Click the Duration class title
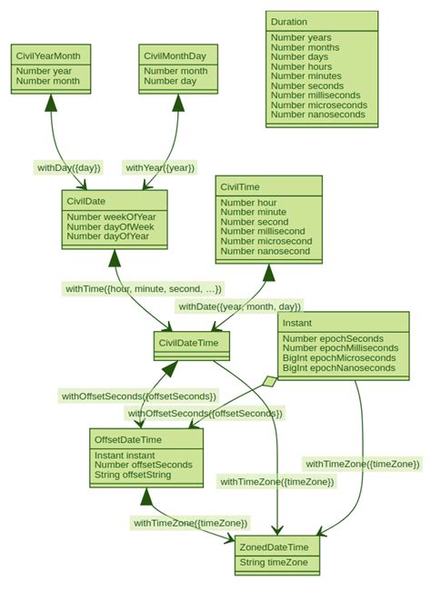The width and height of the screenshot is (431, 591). [x=289, y=21]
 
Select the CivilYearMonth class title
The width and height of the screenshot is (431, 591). [x=48, y=55]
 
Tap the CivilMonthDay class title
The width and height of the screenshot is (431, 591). [x=175, y=55]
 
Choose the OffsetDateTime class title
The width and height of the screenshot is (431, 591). [x=128, y=440]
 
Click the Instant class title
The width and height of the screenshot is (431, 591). [x=297, y=323]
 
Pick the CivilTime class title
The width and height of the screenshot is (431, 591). [x=240, y=187]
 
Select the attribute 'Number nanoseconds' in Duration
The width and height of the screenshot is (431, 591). [x=318, y=115]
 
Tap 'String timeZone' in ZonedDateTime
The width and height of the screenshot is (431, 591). [x=274, y=563]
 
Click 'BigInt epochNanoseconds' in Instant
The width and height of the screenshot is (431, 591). [x=339, y=367]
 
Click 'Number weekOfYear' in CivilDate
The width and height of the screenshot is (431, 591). [x=111, y=216]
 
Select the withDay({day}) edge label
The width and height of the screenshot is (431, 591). [x=68, y=167]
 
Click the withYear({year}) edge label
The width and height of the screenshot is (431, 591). [x=160, y=167]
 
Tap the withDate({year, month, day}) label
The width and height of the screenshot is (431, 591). [x=239, y=306]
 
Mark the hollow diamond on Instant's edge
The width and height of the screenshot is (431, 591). [x=269, y=382]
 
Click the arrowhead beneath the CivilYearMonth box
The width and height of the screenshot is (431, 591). [x=50, y=103]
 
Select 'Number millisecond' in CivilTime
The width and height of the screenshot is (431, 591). [x=263, y=231]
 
